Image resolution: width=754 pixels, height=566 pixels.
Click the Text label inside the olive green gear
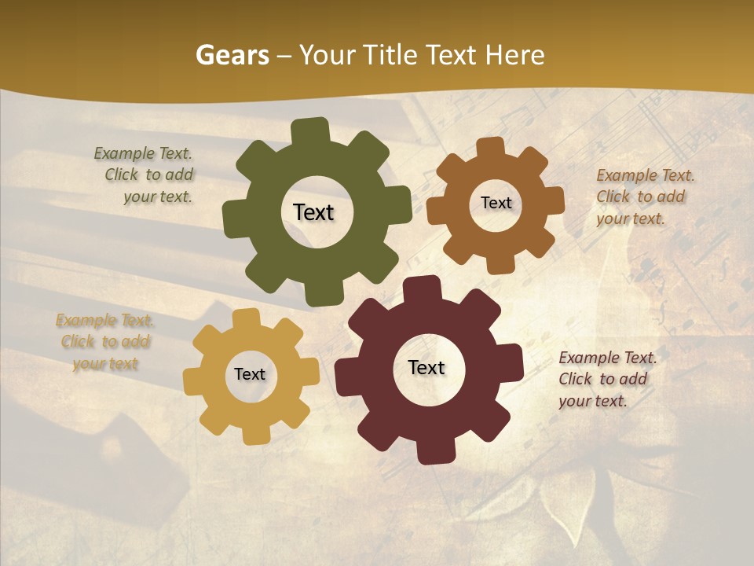click(x=313, y=212)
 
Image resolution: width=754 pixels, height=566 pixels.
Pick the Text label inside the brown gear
click(x=496, y=203)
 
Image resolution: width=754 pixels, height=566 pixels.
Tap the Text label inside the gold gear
click(x=250, y=374)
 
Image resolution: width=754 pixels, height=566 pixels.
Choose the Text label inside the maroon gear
click(x=426, y=367)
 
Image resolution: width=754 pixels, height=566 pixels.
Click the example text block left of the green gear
click(x=146, y=175)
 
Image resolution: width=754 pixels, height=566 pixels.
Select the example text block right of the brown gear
click(x=644, y=197)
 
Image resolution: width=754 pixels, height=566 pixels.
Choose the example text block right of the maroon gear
click(x=606, y=379)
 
